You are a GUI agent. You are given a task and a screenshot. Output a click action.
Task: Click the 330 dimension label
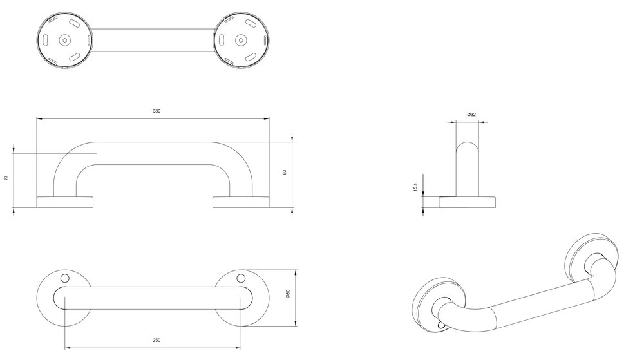point(156,111)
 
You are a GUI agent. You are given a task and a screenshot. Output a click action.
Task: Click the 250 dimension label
point(156,340)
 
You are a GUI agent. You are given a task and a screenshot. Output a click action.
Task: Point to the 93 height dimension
point(284,172)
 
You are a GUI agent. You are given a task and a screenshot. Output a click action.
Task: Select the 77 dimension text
point(6,178)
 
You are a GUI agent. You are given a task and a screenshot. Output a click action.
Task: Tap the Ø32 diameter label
point(471,115)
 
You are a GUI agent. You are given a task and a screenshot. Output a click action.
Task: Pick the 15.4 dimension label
point(415,187)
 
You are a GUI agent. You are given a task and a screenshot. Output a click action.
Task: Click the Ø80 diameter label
point(288,294)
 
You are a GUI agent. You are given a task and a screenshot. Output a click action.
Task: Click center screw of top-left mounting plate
point(64,40)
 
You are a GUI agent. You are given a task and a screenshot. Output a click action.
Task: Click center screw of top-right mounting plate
point(241,40)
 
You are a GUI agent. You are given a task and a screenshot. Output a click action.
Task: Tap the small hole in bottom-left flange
point(64,278)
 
